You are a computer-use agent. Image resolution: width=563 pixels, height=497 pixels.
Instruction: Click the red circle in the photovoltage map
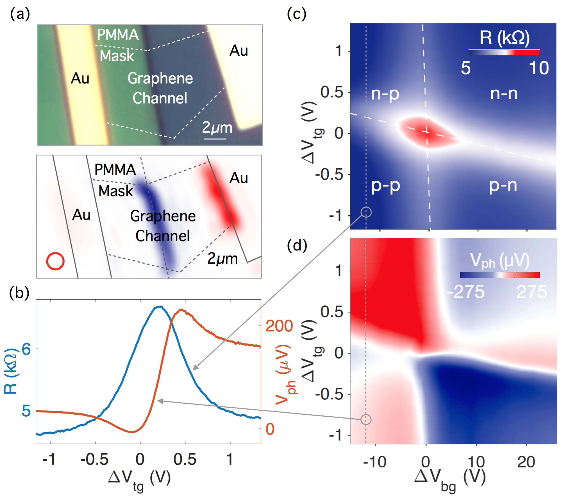pyautogui.click(x=55, y=261)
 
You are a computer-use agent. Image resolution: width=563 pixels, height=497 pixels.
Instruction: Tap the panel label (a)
pyautogui.click(x=20, y=14)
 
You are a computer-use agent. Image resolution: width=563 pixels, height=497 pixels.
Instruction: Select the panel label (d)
pyautogui.click(x=297, y=245)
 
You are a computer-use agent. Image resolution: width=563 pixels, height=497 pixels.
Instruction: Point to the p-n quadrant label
pyautogui.click(x=503, y=186)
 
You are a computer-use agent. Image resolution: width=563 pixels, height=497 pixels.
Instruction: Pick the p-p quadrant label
pyautogui.click(x=385, y=186)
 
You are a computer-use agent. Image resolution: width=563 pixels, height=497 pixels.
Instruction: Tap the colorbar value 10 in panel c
pyautogui.click(x=539, y=68)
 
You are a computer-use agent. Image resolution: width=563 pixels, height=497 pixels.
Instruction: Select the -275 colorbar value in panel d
pyautogui.click(x=466, y=292)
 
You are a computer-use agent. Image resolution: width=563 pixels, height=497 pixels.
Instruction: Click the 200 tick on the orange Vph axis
pyautogui.click(x=279, y=326)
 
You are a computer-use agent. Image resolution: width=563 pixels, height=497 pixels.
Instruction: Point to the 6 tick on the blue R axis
pyautogui.click(x=26, y=349)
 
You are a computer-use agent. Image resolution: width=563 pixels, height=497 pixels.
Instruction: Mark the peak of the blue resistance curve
pyautogui.click(x=160, y=307)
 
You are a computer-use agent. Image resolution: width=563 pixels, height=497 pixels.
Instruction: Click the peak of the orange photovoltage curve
pyautogui.click(x=182, y=310)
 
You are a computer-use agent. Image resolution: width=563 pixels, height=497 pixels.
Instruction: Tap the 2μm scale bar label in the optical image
pyautogui.click(x=217, y=128)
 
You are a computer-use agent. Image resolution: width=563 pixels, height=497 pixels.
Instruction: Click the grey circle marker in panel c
pyautogui.click(x=366, y=212)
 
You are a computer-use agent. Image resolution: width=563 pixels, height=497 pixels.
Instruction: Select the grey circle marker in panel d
pyautogui.click(x=366, y=419)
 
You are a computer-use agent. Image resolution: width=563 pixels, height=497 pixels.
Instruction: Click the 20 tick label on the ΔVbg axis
pyautogui.click(x=526, y=462)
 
